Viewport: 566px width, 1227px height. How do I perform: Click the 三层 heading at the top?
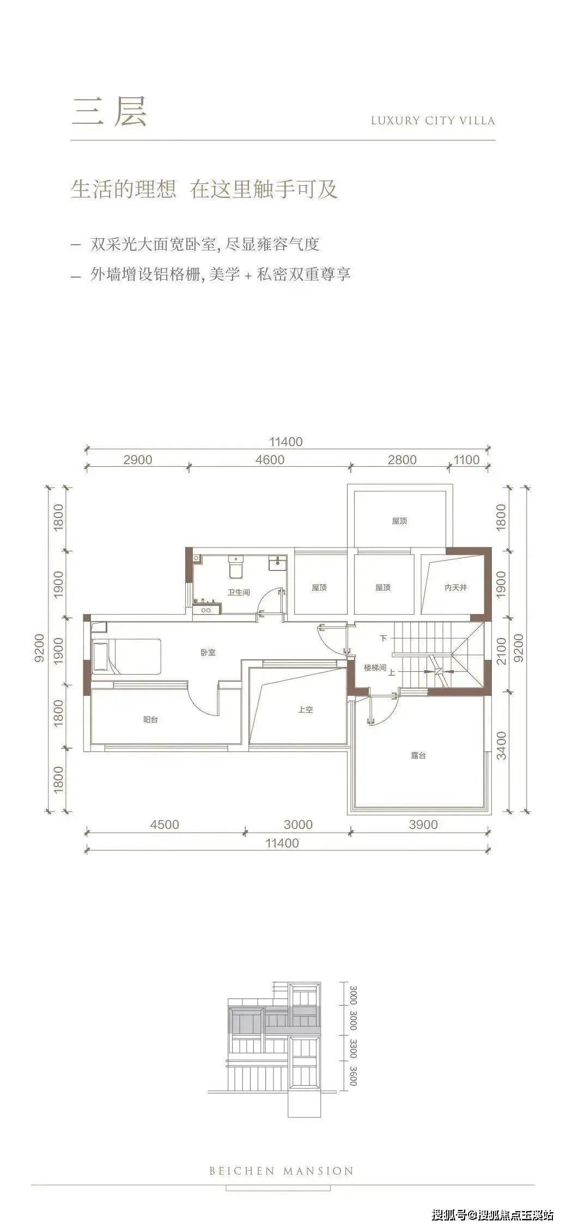click(109, 112)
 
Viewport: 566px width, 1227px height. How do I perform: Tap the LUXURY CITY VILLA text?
click(433, 121)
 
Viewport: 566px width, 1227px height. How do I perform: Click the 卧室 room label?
click(208, 652)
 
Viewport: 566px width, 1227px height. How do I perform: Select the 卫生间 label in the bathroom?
click(239, 592)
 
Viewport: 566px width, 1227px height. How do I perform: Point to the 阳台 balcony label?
click(150, 719)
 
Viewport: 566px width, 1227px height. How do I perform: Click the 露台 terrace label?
click(418, 755)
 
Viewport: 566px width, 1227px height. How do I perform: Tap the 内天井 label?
click(455, 588)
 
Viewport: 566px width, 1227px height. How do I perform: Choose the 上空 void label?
click(305, 710)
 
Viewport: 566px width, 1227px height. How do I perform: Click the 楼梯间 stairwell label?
click(375, 667)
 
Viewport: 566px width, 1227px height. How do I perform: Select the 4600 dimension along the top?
click(270, 460)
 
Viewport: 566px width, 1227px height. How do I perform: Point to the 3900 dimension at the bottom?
click(423, 824)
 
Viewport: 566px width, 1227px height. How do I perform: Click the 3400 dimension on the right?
click(501, 746)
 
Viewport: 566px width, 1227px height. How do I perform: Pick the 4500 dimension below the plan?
click(165, 824)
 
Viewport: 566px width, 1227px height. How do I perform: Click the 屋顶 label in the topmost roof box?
click(399, 521)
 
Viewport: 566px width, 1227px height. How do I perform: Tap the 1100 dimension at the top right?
click(466, 460)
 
